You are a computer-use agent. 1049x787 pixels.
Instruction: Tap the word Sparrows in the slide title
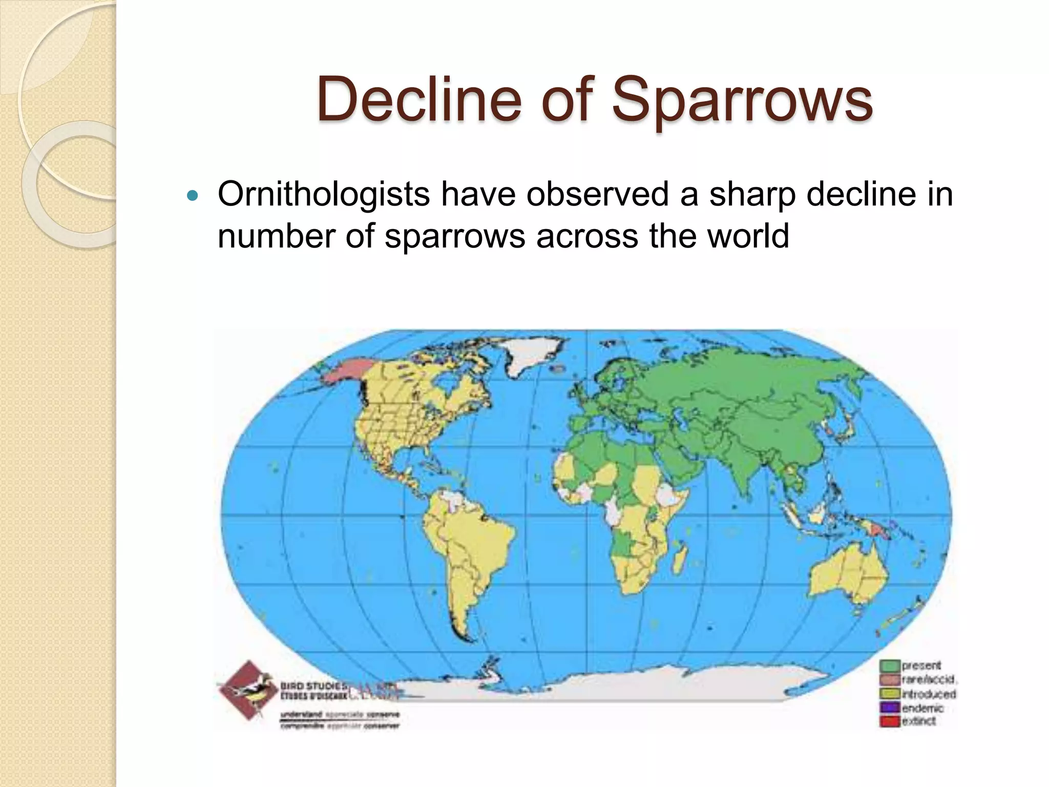tap(742, 99)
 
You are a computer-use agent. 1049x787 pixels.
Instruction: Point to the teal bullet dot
tap(193, 196)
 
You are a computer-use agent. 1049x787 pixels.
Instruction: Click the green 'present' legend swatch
tap(890, 666)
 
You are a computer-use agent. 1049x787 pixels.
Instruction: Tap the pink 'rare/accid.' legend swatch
tap(890, 680)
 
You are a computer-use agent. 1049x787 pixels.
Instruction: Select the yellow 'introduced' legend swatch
tap(890, 694)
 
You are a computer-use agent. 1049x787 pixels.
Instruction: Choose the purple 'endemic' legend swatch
tap(890, 708)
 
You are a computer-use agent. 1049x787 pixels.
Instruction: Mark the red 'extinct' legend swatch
tap(890, 721)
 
